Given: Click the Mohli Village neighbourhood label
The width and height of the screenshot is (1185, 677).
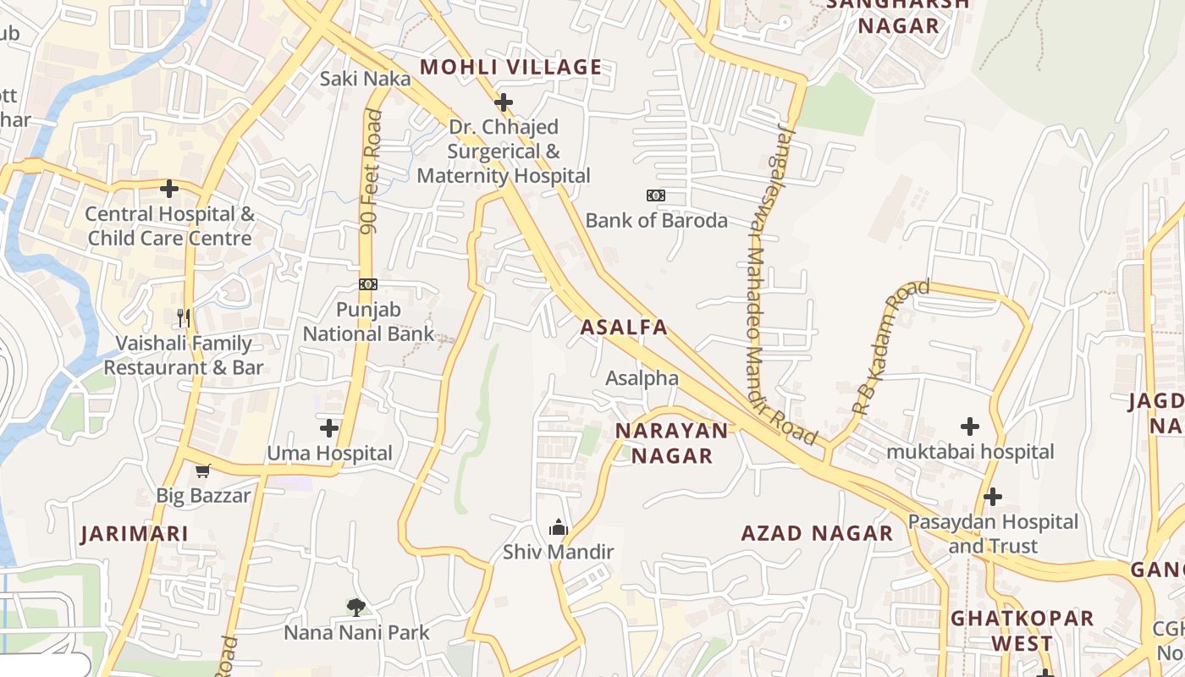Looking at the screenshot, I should click(510, 67).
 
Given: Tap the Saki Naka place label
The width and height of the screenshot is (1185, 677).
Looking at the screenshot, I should click(365, 79).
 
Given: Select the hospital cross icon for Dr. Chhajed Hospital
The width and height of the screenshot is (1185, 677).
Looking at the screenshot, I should click(504, 103).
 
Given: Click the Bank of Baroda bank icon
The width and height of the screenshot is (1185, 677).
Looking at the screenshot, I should click(656, 195).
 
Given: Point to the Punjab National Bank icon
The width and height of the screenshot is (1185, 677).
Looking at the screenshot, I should click(368, 284).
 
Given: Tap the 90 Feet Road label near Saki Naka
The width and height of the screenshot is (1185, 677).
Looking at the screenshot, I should click(371, 171).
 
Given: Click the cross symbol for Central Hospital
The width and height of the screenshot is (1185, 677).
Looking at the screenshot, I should click(169, 188).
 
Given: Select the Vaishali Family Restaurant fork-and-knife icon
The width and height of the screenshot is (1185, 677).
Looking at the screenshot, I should click(184, 318).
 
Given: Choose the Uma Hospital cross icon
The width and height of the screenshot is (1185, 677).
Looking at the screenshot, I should click(329, 428).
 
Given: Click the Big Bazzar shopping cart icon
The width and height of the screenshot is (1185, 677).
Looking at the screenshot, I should click(202, 471).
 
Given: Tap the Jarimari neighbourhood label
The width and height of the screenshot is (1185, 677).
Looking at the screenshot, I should click(135, 534).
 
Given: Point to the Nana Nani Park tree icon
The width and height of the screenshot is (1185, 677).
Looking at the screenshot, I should click(356, 607).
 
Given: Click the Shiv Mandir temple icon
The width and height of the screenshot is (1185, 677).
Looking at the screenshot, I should click(558, 528).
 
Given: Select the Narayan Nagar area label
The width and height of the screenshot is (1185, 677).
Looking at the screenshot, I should click(671, 443).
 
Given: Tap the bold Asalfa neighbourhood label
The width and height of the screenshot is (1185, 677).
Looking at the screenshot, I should click(624, 327).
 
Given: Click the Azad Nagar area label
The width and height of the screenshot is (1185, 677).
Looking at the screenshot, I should click(817, 533).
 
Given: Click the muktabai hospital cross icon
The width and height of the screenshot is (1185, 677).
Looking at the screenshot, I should click(970, 427).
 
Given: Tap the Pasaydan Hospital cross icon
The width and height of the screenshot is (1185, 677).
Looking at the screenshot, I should click(993, 496).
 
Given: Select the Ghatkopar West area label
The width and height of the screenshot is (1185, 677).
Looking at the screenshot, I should click(1022, 630).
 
